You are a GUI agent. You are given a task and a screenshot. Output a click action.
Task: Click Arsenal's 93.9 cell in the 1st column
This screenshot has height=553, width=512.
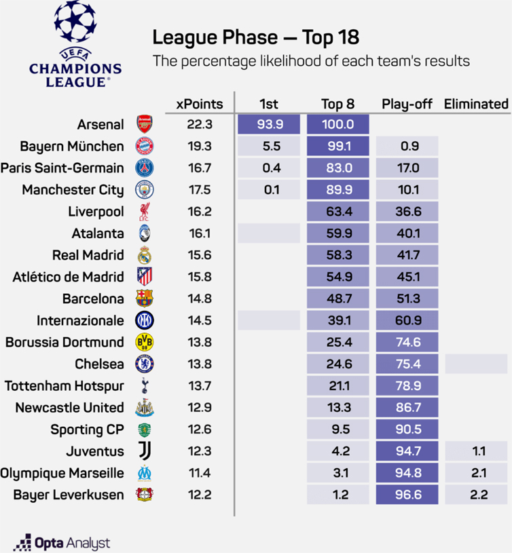pos(269,125)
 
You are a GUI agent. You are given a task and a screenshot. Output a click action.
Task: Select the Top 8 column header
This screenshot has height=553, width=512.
pos(337,104)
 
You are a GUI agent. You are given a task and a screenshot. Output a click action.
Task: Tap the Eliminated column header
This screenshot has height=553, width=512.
pos(476,104)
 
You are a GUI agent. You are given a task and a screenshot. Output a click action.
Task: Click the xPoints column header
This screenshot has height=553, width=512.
pos(199,104)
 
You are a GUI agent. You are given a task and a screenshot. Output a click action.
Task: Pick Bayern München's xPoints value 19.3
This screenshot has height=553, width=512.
pos(199,147)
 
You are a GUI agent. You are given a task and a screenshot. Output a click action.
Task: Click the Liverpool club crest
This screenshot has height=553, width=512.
pos(145,212)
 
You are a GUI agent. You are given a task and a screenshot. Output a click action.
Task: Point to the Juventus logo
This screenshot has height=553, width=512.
pos(145,451)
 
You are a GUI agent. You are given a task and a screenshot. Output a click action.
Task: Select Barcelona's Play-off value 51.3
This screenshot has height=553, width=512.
pos(407,299)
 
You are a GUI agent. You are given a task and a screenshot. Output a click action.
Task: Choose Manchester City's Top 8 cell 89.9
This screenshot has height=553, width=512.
pos(337,190)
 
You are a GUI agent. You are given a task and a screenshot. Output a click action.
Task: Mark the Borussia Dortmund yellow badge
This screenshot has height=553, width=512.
pos(145,343)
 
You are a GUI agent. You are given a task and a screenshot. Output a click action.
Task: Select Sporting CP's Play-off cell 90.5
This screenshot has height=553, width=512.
pos(407,430)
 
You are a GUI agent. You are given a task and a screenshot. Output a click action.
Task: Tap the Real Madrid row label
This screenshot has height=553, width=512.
pos(88,255)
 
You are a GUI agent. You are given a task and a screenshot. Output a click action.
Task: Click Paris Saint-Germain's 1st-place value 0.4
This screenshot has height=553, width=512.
pos(269,168)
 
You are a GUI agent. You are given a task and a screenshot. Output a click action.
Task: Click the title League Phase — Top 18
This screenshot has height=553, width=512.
pos(255,37)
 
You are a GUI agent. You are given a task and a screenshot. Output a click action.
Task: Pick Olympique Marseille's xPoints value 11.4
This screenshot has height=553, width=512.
pos(199,473)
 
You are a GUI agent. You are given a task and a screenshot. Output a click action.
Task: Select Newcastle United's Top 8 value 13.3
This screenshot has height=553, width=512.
pos(337,408)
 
